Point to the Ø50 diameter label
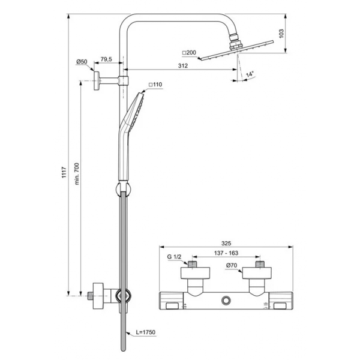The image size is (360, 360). [x=82, y=62]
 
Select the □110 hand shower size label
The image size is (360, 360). [x=155, y=85]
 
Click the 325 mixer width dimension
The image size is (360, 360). [x=226, y=244]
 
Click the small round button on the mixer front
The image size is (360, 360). [x=226, y=299]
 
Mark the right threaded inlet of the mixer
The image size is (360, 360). [x=259, y=263]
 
